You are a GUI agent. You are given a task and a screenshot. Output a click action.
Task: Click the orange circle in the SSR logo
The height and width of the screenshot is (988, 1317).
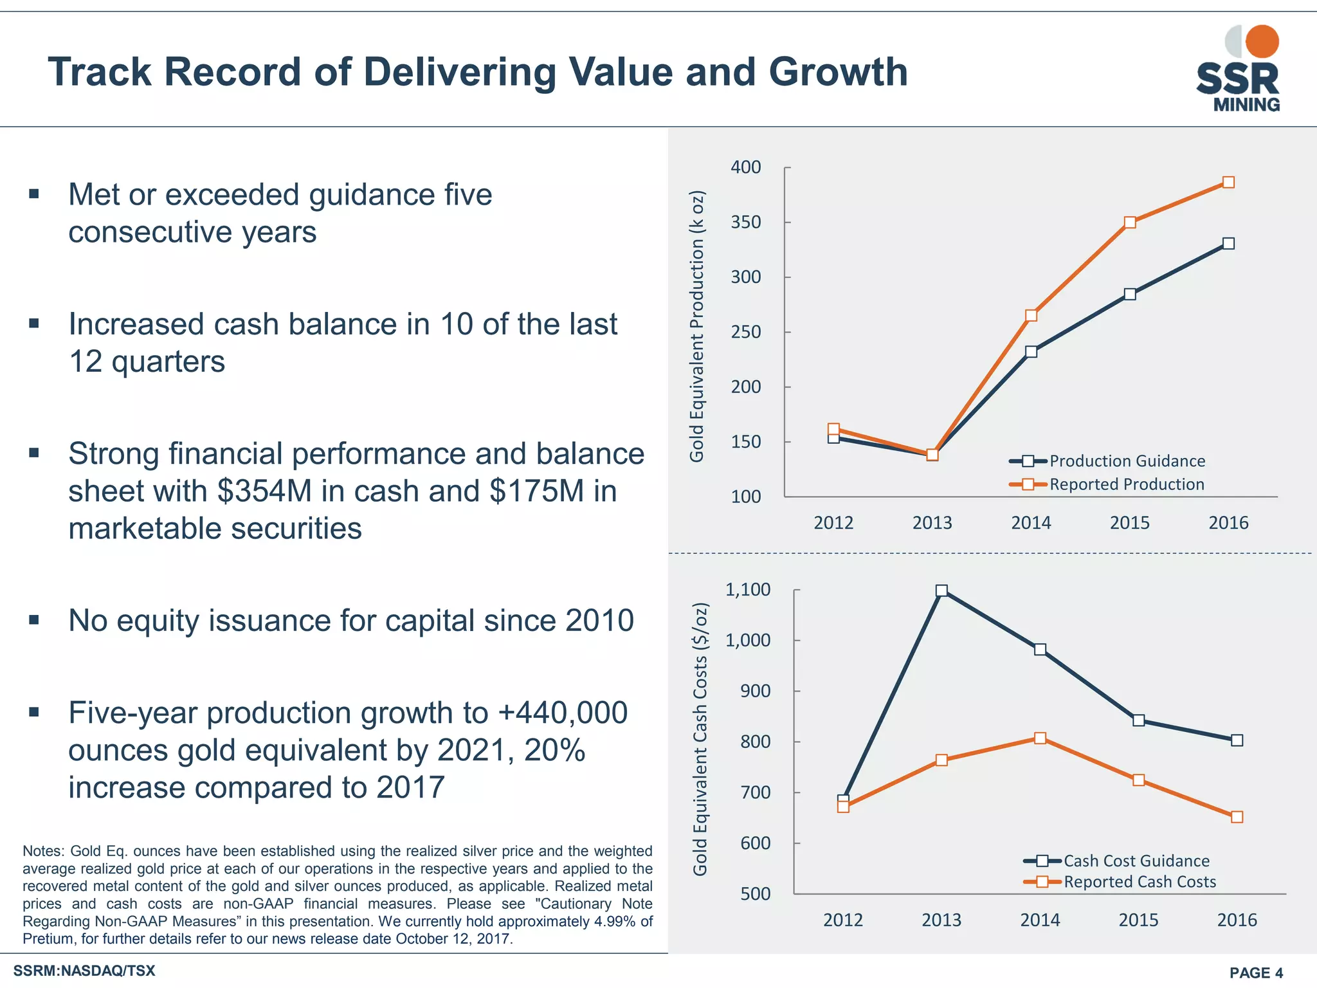[1262, 41]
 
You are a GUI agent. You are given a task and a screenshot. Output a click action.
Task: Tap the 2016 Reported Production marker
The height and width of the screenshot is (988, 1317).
[1228, 182]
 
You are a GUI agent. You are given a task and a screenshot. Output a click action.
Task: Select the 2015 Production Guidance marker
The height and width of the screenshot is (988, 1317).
[1130, 294]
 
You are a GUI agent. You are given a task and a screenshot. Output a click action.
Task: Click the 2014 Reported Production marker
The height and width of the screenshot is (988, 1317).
[1031, 315]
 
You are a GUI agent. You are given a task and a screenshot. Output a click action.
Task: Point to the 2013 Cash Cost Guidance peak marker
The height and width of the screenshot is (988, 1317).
[941, 590]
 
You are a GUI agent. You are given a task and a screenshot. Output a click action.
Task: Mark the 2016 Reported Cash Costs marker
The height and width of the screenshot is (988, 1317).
[1237, 817]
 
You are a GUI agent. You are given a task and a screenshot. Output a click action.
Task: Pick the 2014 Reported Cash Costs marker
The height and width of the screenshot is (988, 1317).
[1040, 738]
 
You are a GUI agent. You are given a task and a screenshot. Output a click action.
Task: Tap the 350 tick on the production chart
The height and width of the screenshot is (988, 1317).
[746, 223]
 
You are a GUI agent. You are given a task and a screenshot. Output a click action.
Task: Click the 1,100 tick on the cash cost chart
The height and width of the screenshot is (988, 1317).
[748, 590]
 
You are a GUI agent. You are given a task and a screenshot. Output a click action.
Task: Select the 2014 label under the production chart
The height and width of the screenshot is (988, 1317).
[1031, 523]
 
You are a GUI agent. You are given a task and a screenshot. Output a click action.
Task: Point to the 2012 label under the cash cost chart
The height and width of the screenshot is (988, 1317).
[843, 920]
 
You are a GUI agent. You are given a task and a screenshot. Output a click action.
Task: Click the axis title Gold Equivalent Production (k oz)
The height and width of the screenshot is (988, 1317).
[697, 326]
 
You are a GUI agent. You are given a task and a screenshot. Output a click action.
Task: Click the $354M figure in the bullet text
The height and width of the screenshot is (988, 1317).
[264, 491]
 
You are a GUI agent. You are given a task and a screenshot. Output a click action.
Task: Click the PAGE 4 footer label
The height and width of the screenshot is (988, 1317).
[1256, 973]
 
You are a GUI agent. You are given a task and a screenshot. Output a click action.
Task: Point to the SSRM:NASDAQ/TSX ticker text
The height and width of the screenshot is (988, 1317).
[84, 971]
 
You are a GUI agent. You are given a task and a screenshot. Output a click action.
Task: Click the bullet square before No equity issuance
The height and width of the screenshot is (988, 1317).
[35, 620]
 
